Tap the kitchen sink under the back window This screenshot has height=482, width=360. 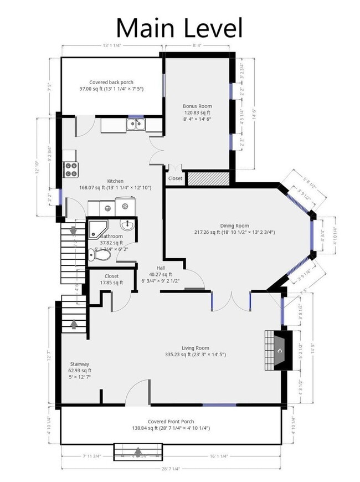[135, 125]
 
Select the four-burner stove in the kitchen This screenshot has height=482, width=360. [70, 168]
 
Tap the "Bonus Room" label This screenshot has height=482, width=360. [197, 106]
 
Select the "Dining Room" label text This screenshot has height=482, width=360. [234, 225]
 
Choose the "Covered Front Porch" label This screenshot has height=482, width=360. [171, 421]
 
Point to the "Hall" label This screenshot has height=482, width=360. [161, 268]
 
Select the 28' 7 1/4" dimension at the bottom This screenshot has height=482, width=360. [172, 469]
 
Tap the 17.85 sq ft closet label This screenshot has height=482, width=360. [111, 283]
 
